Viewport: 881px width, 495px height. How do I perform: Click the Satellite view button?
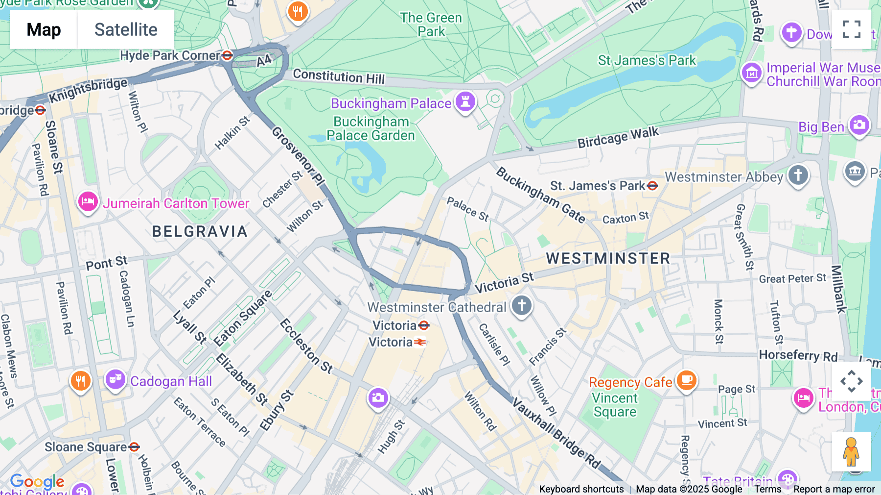(x=126, y=29)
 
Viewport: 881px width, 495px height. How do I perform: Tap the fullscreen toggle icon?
(x=851, y=29)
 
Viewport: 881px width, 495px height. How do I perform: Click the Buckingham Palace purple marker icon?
(x=465, y=102)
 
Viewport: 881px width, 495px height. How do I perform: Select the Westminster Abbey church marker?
(x=798, y=175)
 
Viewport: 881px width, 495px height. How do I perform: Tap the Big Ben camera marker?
(x=859, y=125)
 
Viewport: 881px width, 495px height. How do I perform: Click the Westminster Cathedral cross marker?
(x=522, y=306)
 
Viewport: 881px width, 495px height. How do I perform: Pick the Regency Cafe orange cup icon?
(x=686, y=380)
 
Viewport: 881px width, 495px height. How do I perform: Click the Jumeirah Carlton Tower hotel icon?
(x=88, y=201)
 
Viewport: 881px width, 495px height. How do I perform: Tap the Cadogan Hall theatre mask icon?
(x=116, y=380)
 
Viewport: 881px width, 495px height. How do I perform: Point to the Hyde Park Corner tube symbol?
(x=227, y=55)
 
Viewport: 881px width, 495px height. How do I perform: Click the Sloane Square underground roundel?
(x=134, y=447)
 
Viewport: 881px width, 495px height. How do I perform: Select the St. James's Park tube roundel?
(x=652, y=186)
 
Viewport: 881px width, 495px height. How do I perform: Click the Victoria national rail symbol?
(x=420, y=342)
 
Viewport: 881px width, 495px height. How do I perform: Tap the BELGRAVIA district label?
(x=200, y=231)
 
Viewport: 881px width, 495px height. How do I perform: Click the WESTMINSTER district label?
(x=608, y=258)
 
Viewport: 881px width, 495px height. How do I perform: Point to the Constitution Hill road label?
(x=339, y=76)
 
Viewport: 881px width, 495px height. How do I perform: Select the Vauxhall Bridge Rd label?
(x=556, y=432)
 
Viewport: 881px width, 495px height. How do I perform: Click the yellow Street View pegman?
(x=851, y=452)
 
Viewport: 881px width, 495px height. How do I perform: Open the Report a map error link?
(x=834, y=489)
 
